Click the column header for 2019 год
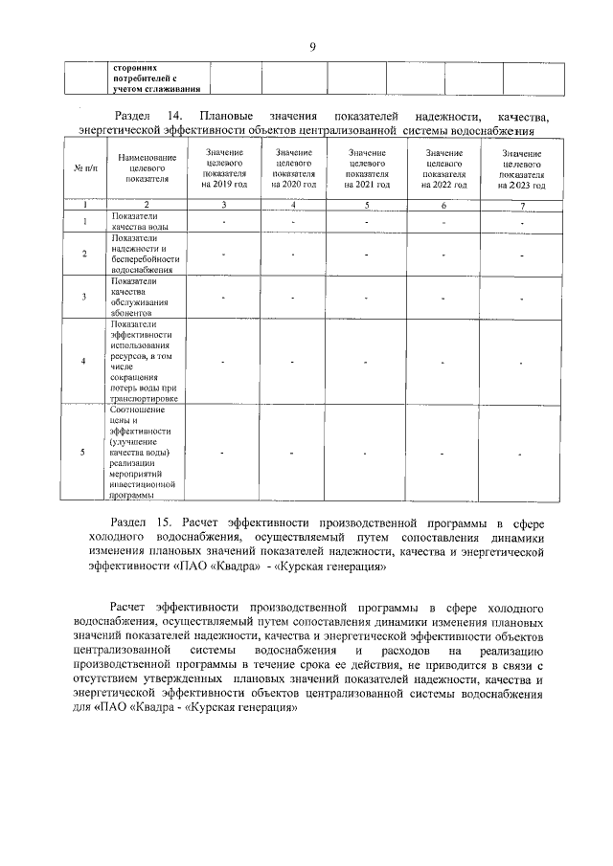pos(224,168)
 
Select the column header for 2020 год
pos(293,168)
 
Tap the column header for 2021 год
pos(367,168)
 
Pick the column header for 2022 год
pos(443,168)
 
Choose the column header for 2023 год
pos(522,169)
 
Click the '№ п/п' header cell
pos(83,169)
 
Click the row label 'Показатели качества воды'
pos(142,222)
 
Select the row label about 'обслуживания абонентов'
pos(142,297)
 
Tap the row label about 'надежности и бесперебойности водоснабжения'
pos(144,255)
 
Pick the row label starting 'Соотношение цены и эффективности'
pos(144,453)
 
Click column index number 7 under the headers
pos(522,205)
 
